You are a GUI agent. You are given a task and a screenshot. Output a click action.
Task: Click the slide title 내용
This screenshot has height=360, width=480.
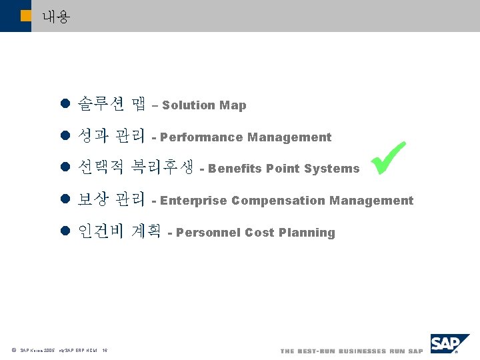pos(55,17)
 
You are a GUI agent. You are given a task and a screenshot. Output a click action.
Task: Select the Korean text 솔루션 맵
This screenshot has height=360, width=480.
pos(112,104)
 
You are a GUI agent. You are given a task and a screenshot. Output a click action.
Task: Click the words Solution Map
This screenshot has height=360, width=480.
pos(204,105)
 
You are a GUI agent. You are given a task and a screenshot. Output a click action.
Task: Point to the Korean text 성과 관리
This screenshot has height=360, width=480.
pos(112,136)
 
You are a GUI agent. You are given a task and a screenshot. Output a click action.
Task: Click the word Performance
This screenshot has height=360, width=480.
pos(201,137)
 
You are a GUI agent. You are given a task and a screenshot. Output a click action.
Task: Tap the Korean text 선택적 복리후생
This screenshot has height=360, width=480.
pos(136,167)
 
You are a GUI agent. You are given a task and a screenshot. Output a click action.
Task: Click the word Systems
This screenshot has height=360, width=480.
pos(331,169)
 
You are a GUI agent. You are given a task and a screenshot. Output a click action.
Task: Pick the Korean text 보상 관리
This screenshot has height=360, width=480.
pos(112,199)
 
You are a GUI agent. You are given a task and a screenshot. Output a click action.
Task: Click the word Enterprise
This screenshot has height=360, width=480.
pos(194,201)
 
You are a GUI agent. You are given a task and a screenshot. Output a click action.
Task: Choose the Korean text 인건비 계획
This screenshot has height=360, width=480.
pos(119,231)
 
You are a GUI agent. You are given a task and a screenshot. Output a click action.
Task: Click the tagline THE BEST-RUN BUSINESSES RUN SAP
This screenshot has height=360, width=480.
pos(351,351)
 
